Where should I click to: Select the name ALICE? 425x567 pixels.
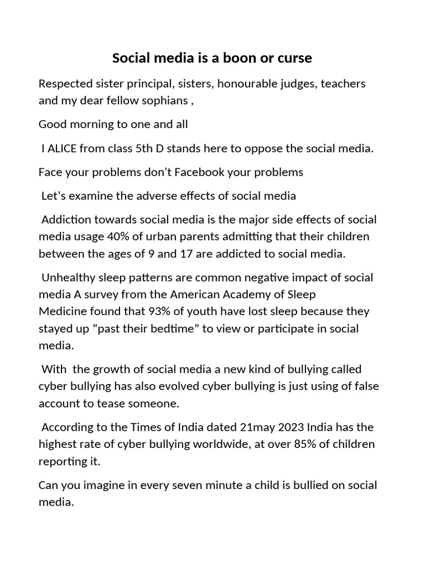pos(64,148)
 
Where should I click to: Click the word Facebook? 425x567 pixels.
pos(200,172)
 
